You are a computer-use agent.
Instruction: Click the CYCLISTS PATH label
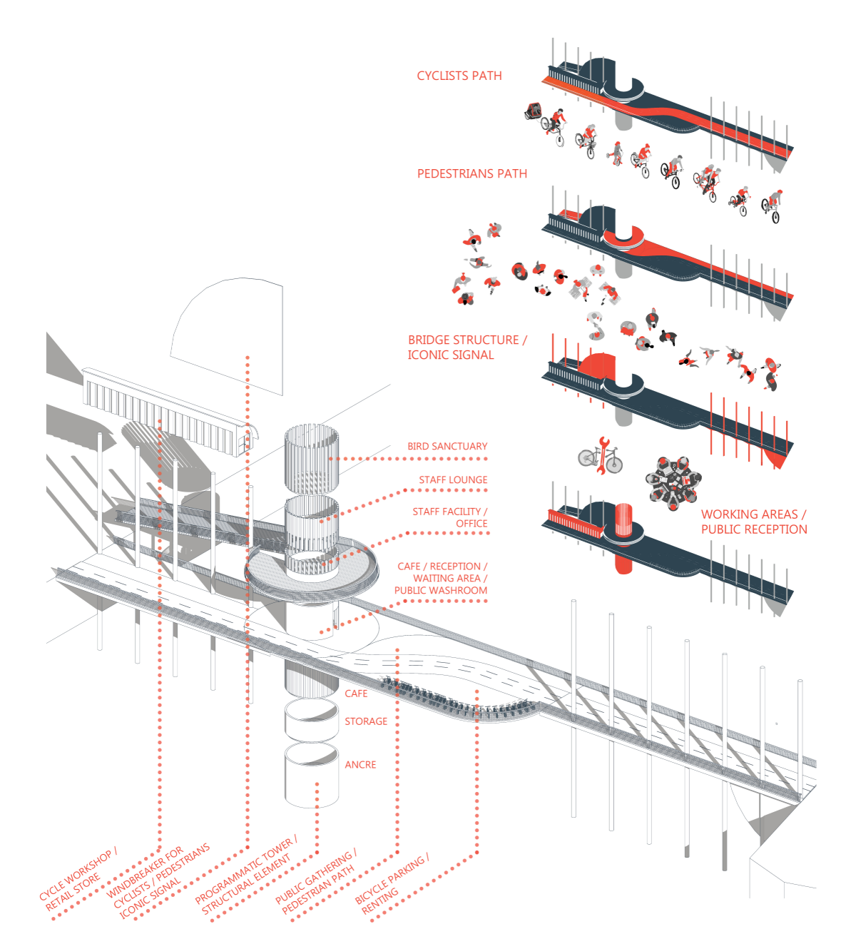[459, 76]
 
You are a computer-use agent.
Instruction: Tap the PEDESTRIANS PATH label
[472, 173]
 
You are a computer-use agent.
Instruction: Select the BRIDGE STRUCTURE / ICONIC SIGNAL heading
[467, 347]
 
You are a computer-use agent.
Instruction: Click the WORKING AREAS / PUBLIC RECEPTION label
[753, 522]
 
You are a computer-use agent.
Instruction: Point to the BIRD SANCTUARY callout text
[447, 446]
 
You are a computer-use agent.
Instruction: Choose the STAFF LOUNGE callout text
[453, 479]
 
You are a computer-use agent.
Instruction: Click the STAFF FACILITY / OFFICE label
[450, 517]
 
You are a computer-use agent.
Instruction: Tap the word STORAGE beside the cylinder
[366, 721]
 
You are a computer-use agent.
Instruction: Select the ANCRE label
[360, 764]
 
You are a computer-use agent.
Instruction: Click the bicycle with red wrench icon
[601, 457]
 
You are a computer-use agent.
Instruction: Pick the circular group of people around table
[673, 483]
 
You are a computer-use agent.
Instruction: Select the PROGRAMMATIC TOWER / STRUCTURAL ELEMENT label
[246, 876]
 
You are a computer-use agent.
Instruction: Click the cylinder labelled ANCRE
[312, 776]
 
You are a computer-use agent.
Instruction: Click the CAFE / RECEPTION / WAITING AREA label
[441, 578]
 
